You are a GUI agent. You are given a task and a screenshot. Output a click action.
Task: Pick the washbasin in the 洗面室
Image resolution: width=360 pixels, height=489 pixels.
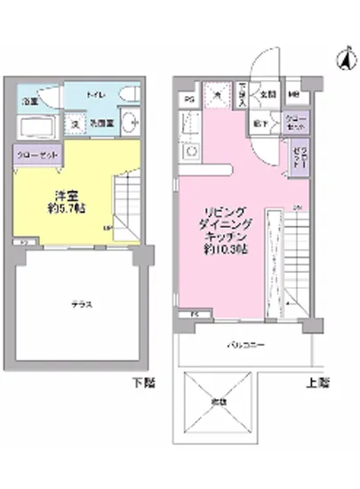[x=129, y=124]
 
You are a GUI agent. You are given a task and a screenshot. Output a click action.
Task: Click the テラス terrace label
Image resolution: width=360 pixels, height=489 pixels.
[x=83, y=304]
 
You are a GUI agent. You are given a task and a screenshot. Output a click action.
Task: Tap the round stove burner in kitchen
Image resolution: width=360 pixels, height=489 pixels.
[x=188, y=152]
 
